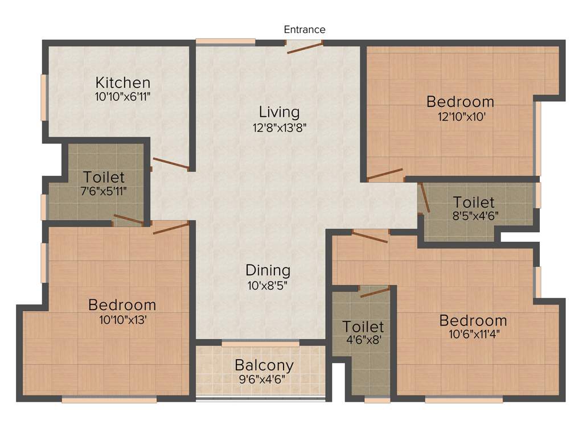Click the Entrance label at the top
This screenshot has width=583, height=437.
[x=305, y=30]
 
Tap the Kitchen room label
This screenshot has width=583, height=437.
[x=122, y=83]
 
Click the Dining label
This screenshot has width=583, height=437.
[x=268, y=270]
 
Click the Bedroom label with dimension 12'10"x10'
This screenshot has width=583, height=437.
[x=460, y=102]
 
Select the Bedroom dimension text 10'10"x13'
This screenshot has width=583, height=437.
[x=122, y=320]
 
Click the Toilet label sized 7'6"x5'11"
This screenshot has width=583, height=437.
[x=104, y=176]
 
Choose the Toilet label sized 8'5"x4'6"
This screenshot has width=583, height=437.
[x=474, y=202]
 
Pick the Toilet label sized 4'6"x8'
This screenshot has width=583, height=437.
[x=363, y=327]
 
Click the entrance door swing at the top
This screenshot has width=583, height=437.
[x=305, y=47]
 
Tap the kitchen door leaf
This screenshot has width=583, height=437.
[x=171, y=164]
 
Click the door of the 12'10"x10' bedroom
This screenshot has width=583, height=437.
[x=385, y=174]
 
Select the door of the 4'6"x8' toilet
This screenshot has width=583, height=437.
[x=374, y=292]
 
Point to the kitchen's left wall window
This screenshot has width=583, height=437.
[x=44, y=97]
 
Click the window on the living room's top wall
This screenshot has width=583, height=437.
[x=225, y=42]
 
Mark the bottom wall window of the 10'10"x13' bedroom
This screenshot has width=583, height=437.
[x=109, y=400]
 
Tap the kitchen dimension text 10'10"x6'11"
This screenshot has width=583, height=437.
[x=122, y=97]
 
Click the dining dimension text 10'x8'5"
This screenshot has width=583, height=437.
[x=268, y=285]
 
